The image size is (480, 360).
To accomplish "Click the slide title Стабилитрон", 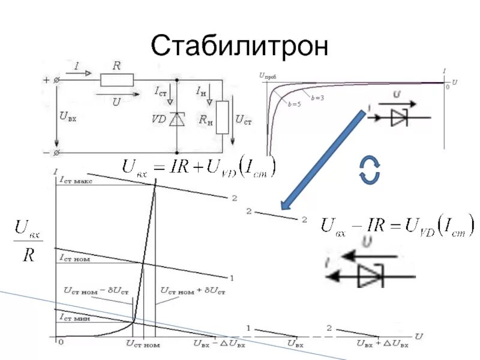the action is [x=239, y=45].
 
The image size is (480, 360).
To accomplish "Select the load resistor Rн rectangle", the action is [x=222, y=118].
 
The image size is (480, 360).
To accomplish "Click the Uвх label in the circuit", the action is [x=68, y=117].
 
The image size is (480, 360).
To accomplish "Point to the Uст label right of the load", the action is [x=243, y=120].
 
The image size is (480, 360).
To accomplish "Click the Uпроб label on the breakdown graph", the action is [x=268, y=76].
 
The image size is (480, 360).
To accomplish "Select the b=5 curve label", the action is [x=293, y=105].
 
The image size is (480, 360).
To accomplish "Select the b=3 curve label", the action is [x=317, y=97].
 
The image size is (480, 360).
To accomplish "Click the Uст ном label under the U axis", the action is [x=143, y=344].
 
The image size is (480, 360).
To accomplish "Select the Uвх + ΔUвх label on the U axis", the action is [x=382, y=344].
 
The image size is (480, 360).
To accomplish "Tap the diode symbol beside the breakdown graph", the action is [x=399, y=118].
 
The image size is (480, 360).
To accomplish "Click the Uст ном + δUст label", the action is [x=193, y=291].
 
